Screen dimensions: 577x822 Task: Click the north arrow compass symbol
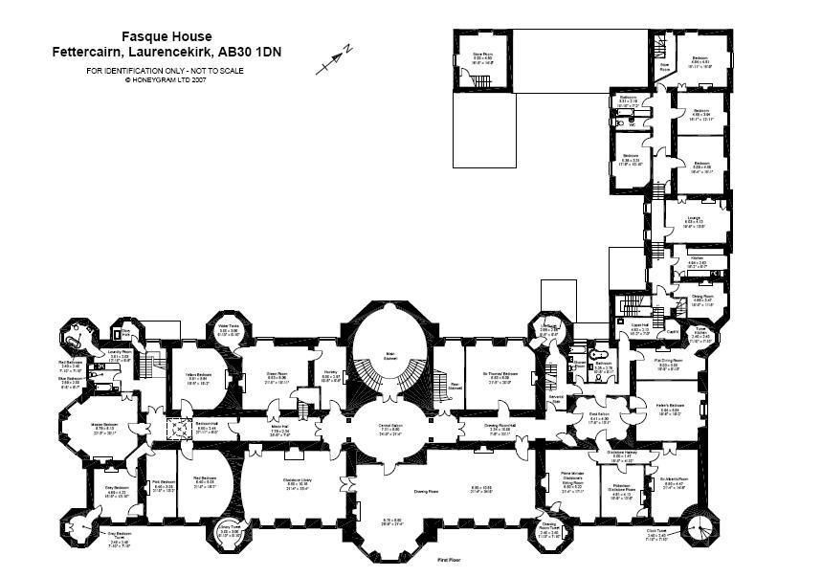coord(334,60)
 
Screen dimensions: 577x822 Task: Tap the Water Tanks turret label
coord(228,332)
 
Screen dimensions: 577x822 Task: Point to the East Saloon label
coord(599,419)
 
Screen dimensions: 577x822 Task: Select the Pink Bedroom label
coord(164,485)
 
